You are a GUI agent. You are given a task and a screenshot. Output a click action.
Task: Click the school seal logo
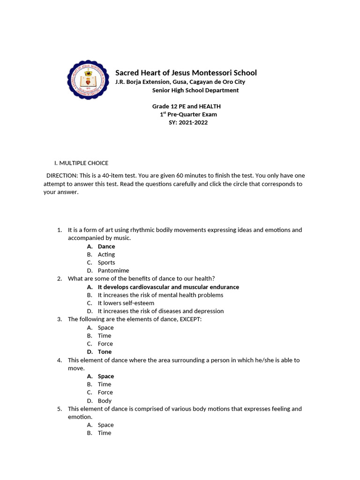click(89, 80)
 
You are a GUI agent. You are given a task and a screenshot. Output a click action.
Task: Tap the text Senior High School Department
click(195, 90)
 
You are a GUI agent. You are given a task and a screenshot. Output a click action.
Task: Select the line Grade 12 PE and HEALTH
click(186, 106)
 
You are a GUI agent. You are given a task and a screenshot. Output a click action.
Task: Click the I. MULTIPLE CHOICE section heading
click(81, 163)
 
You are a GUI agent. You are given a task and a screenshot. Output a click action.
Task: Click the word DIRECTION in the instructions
click(62, 175)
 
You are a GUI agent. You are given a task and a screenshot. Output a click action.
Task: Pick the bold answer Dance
click(106, 247)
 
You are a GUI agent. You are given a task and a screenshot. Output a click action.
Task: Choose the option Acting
click(106, 255)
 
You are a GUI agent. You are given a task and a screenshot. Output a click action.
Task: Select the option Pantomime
click(113, 270)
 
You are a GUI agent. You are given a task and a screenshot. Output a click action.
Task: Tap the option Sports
click(106, 262)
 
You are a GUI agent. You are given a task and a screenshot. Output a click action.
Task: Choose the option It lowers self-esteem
click(126, 303)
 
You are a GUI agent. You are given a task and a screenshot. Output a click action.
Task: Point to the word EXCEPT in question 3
click(193, 319)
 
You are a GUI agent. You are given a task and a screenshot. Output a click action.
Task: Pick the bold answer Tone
click(105, 352)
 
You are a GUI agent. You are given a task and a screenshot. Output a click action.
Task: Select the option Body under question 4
click(105, 401)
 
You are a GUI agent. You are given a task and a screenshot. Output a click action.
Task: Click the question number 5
click(60, 409)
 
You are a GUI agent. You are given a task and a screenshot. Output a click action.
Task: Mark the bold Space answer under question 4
click(106, 376)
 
